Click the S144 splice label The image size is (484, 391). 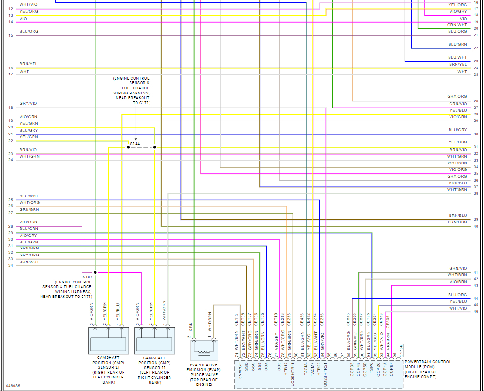coord(135,144)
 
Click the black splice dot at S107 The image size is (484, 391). coord(95,272)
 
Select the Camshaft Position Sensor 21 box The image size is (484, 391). coord(108,341)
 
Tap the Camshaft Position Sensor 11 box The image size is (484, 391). coord(154,341)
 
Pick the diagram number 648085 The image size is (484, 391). coord(13,386)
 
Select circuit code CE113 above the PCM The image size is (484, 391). coord(236,319)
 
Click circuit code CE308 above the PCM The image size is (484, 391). coord(388,319)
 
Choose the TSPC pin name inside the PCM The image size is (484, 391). coord(372,370)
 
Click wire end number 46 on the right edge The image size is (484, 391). coord(475,311)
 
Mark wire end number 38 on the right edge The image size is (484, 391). coord(475,193)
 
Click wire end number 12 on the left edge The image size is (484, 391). coord(11,9)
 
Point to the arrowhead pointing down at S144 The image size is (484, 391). coord(136,138)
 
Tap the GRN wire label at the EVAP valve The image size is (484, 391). coord(190,326)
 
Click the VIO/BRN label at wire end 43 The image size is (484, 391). coord(458,282)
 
